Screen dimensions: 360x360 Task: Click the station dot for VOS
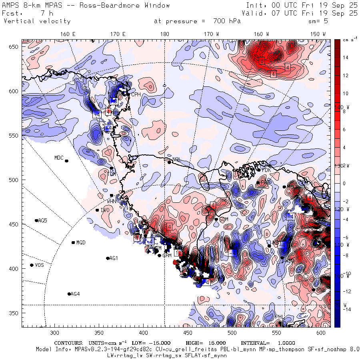tap(32, 265)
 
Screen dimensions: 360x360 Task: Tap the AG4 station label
tap(75, 294)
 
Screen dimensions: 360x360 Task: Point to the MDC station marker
tap(66, 161)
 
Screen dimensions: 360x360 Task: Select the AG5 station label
tap(42, 220)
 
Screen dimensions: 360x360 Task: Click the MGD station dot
tap(73, 242)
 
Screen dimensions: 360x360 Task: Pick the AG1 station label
tap(114, 258)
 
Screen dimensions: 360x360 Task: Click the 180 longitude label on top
tap(164, 34)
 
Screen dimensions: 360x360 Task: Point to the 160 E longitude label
tap(68, 34)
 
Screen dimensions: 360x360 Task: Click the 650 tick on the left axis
tap(15, 47)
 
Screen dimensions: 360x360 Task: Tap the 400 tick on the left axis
tap(15, 268)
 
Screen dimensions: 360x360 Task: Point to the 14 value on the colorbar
tap(346, 58)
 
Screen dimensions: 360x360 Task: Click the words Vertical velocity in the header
tap(37, 21)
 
